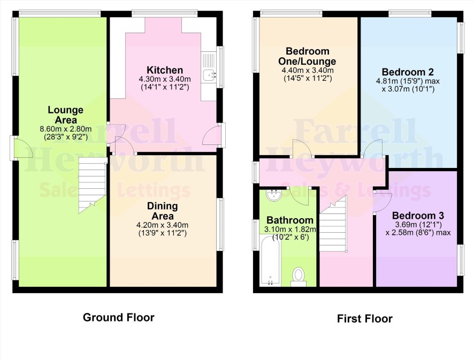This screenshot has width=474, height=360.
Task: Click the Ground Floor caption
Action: (119, 317)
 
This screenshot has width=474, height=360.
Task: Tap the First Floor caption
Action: (364, 319)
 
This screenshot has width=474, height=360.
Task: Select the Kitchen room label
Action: (165, 70)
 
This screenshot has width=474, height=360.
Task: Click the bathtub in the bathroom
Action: (271, 261)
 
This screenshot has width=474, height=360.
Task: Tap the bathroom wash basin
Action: (274, 195)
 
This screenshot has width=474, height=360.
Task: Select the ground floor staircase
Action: (92, 185)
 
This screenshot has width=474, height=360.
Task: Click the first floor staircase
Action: (333, 224)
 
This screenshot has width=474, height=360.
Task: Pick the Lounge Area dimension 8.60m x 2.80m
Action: (66, 129)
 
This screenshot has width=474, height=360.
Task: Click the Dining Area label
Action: (162, 211)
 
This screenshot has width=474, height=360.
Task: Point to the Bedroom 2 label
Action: (408, 72)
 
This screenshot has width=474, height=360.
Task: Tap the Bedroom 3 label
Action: (418, 216)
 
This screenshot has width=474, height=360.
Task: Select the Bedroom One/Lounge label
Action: (307, 56)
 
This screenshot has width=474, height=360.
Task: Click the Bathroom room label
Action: (289, 220)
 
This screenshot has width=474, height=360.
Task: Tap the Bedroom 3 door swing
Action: (383, 203)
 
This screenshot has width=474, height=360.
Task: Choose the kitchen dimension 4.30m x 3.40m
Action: (165, 79)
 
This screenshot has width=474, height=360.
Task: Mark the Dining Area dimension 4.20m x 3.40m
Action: (162, 225)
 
